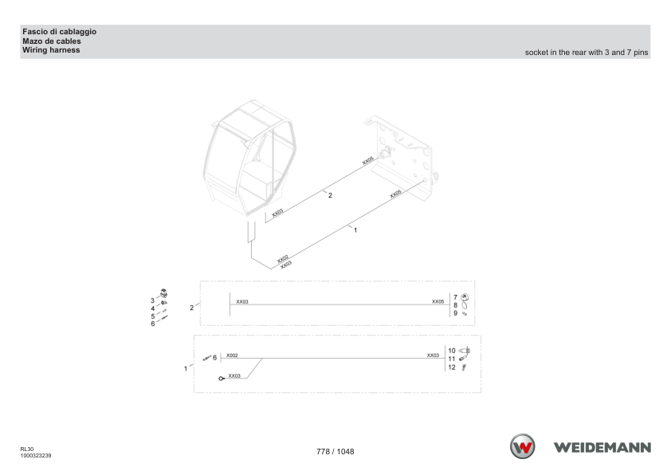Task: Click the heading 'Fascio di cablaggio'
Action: coord(60,32)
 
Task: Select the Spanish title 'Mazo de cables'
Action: coord(51,41)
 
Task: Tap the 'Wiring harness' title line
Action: coord(51,50)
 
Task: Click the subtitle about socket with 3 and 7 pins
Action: coord(587,53)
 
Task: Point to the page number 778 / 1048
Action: coord(335,451)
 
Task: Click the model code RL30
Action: coord(27,449)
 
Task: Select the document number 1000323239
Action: coord(36,455)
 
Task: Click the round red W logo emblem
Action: coord(522,446)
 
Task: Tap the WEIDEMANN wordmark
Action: coord(602,448)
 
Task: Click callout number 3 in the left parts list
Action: coord(152,300)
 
